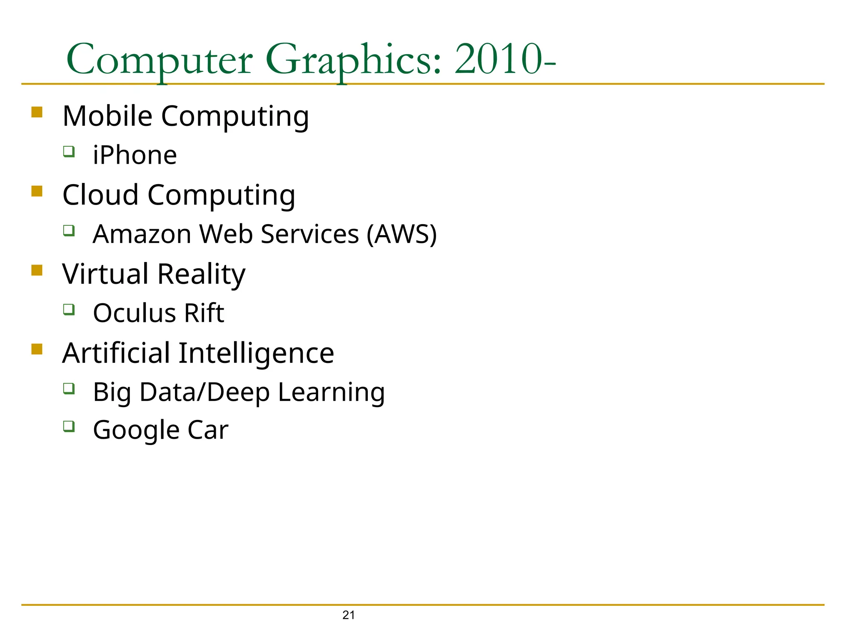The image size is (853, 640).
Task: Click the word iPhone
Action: coord(135,155)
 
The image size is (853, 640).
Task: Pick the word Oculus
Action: coord(129,313)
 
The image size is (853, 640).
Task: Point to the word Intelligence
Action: coord(256,353)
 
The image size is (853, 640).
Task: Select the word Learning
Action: coord(331,392)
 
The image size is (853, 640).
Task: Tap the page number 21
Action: coord(349,615)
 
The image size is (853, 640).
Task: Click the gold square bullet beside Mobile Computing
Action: coord(37,112)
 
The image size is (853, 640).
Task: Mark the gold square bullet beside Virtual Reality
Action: coord(37,270)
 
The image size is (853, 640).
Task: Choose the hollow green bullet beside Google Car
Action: coord(69,426)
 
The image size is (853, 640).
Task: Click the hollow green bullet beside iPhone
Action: coord(69,151)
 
